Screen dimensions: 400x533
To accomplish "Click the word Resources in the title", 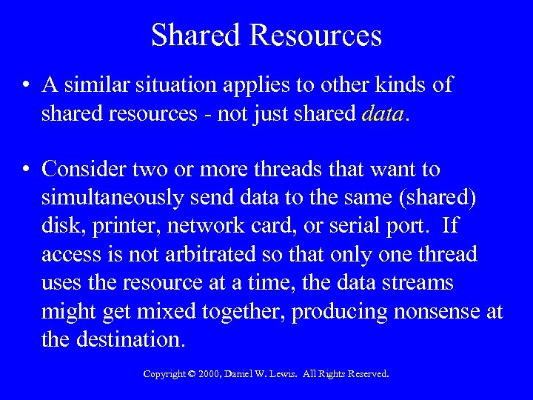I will (316, 35).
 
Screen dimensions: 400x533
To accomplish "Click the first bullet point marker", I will (26, 85).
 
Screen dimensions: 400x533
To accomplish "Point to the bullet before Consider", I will (26, 170).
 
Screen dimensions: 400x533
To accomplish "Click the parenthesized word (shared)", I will (435, 198).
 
